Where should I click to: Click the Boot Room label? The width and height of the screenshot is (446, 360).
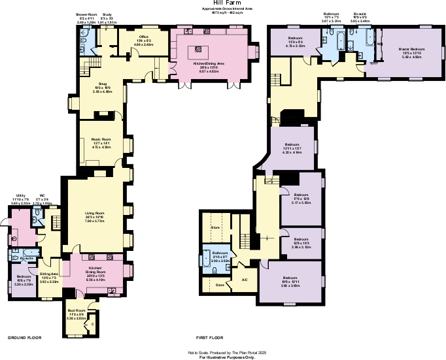coord(77,310)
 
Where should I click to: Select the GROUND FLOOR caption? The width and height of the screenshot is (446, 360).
coord(25,338)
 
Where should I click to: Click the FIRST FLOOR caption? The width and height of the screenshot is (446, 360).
coord(210,338)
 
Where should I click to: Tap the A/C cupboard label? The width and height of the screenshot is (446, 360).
coord(245,279)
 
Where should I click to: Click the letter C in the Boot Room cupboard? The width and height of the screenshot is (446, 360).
coord(92,322)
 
